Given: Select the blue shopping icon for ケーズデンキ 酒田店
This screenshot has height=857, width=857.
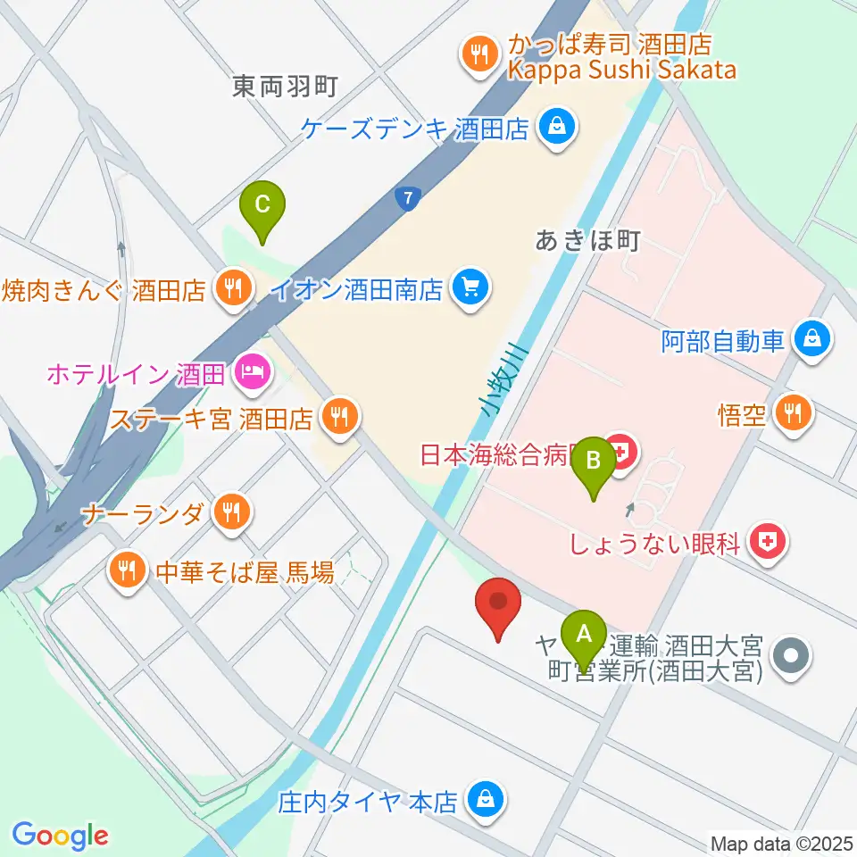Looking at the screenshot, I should [556, 129].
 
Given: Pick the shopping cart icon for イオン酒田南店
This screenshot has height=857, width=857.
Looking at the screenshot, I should [470, 287].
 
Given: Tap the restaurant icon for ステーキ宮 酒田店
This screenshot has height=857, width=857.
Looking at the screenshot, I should [338, 414].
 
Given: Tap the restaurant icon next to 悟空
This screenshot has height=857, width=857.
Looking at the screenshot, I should [791, 412].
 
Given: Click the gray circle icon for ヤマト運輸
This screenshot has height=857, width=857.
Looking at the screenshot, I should [790, 658].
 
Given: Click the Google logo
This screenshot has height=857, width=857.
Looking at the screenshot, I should [60, 836].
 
